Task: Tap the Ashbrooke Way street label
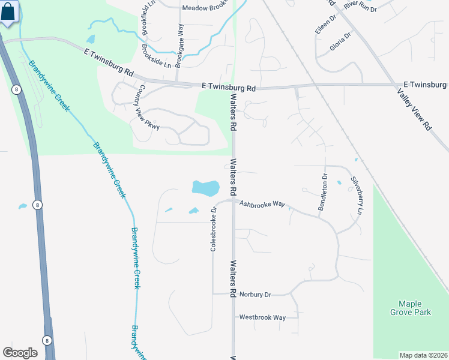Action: (x=262, y=204)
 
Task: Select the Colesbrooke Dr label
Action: (x=213, y=229)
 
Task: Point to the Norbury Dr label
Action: (x=255, y=295)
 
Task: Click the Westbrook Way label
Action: (x=262, y=317)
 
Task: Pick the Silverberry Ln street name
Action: (x=357, y=194)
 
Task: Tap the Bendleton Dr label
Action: (x=324, y=192)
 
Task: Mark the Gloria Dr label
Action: (x=340, y=41)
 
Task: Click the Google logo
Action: (x=20, y=353)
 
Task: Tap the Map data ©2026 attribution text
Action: (x=423, y=355)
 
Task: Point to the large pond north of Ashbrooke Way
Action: (x=205, y=188)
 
